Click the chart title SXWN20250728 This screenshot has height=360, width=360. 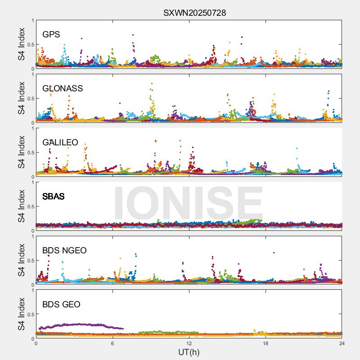click(x=194, y=13)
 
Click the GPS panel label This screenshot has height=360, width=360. click(x=51, y=35)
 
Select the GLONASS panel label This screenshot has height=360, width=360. click(x=63, y=89)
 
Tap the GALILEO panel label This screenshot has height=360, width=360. click(x=60, y=143)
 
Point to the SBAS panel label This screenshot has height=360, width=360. click(x=53, y=197)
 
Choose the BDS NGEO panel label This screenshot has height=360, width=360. click(x=64, y=251)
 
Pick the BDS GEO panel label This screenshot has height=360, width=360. click(x=61, y=305)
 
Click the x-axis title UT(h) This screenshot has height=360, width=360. click(x=189, y=352)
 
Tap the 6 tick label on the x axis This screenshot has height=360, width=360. click(x=112, y=343)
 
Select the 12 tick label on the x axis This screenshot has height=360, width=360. click(x=189, y=343)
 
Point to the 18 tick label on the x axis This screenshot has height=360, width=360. click(x=265, y=343)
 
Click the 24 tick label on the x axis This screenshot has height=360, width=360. click(x=342, y=343)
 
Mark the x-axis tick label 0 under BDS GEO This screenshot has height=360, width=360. click(x=36, y=343)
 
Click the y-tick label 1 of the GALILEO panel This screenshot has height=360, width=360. click(x=32, y=128)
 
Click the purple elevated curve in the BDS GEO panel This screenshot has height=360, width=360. click(x=81, y=324)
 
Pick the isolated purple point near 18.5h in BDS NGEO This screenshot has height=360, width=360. click(x=274, y=252)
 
